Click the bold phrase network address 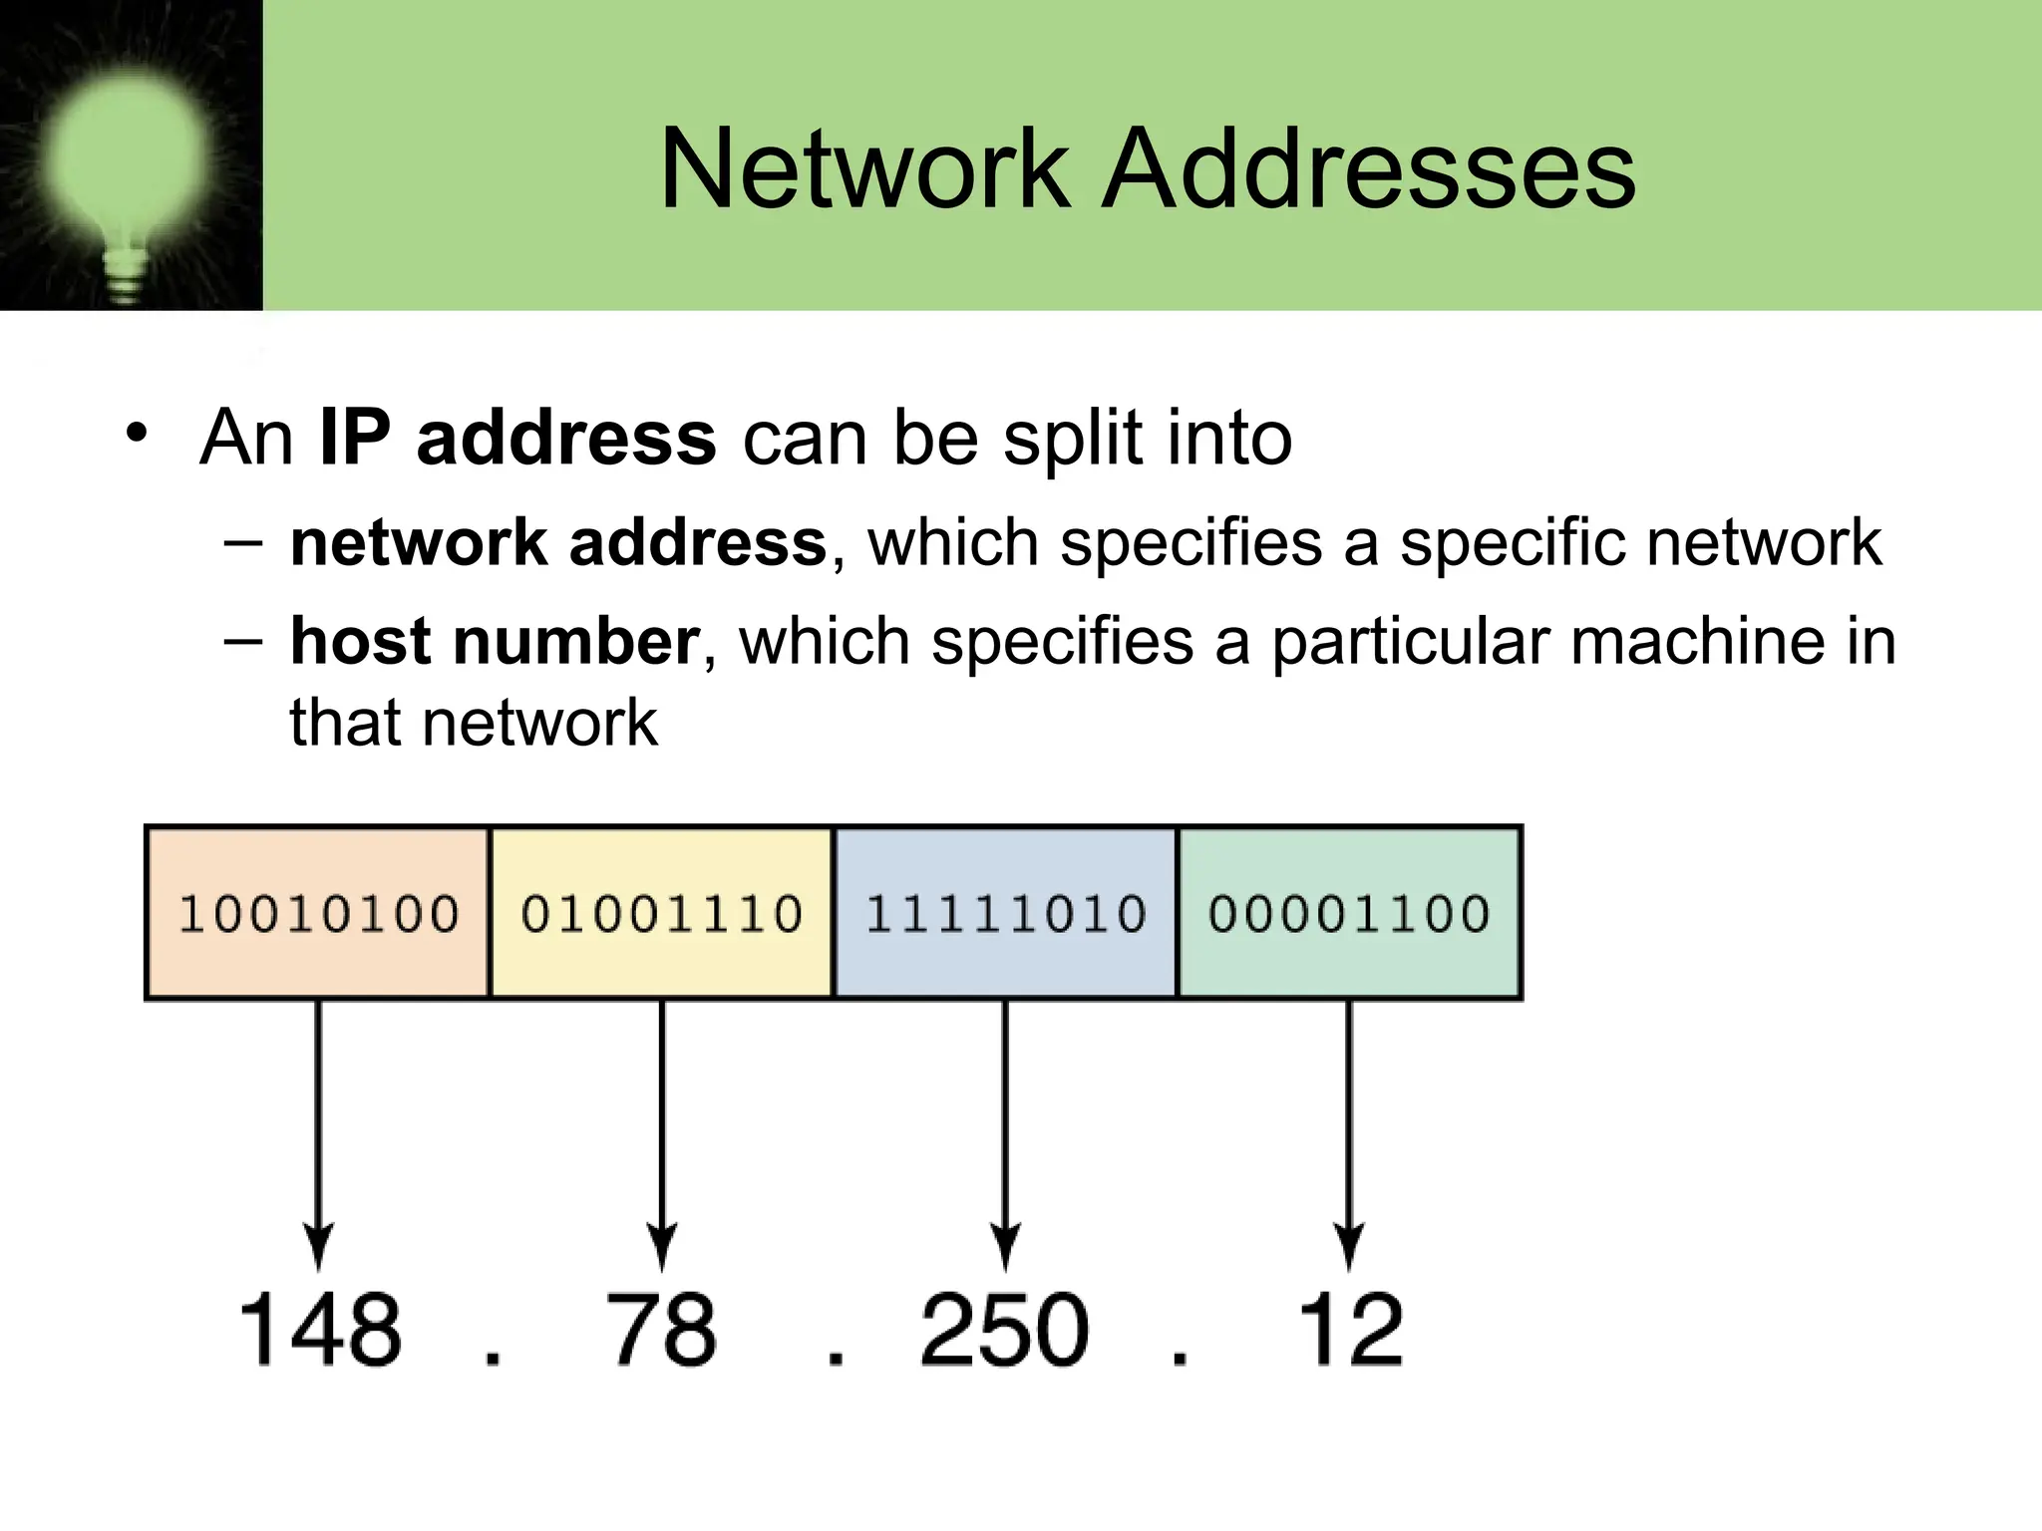[x=557, y=543]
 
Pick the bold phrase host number [x=495, y=641]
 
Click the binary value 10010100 [x=318, y=914]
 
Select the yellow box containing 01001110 [x=661, y=913]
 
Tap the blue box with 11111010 [x=1005, y=913]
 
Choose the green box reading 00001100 [x=1349, y=913]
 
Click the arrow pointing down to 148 [x=318, y=1136]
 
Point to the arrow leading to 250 [x=1005, y=1136]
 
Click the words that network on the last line [x=474, y=723]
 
